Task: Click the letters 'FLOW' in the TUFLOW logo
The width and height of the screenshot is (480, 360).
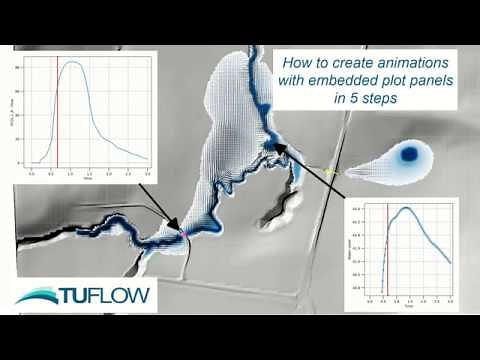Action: tap(127, 297)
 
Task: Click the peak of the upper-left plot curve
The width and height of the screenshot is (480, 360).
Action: tap(72, 63)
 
